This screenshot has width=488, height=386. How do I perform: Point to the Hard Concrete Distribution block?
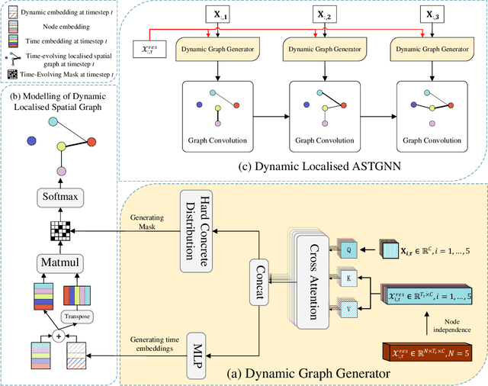click(194, 221)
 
